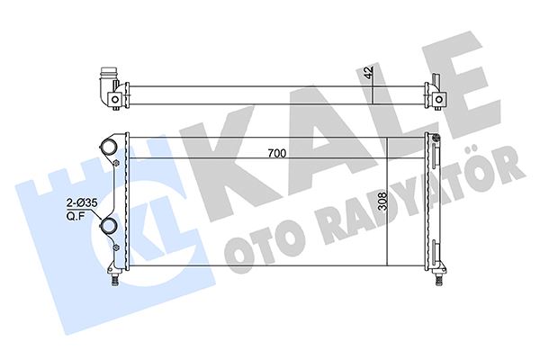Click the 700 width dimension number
(276, 154)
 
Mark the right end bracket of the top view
(438, 93)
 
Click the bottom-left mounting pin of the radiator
(114, 278)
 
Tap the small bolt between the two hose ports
(118, 163)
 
